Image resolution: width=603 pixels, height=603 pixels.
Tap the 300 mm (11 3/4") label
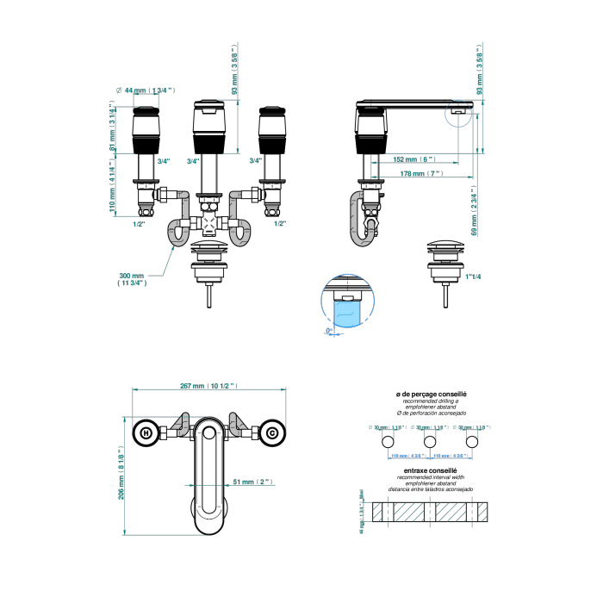click(132, 279)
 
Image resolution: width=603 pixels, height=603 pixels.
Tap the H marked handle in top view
click(146, 433)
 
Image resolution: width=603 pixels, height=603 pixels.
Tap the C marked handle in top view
click(271, 433)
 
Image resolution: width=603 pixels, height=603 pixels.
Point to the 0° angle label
click(328, 331)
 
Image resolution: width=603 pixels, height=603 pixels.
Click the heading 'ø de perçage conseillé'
click(432, 395)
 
